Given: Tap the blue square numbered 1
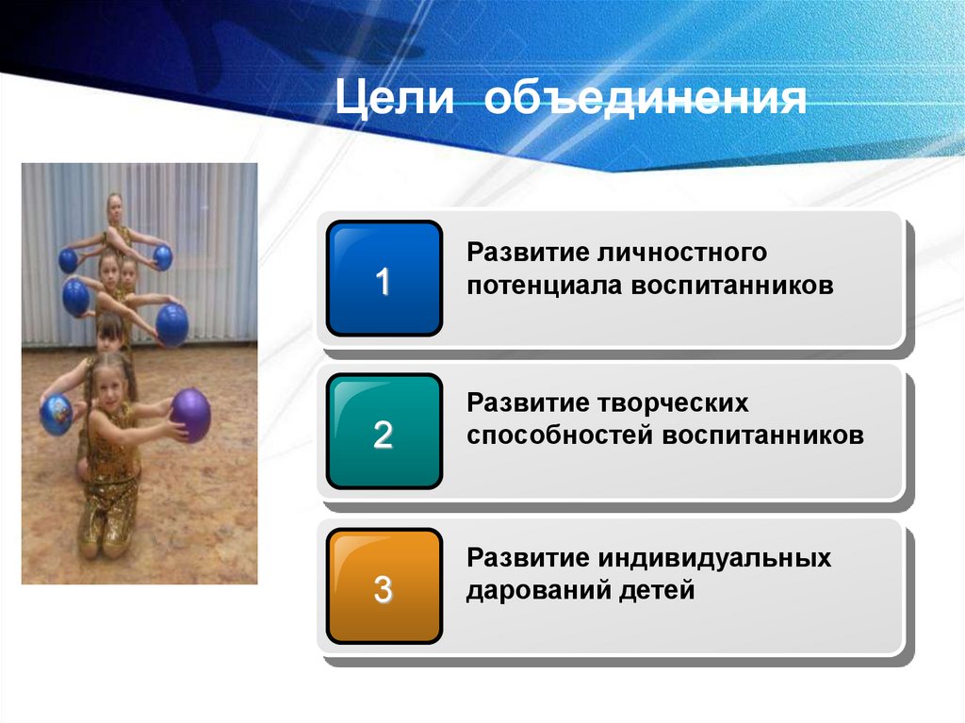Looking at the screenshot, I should pyautogui.click(x=384, y=278).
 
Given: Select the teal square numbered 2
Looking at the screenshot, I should pyautogui.click(x=384, y=432).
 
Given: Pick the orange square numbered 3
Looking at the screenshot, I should pyautogui.click(x=384, y=585).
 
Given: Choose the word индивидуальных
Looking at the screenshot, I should pyautogui.click(x=715, y=558).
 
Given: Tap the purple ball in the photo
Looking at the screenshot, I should pyautogui.click(x=191, y=415).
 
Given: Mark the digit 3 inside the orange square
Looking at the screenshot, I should pyautogui.click(x=383, y=588).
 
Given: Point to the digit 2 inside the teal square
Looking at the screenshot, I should pyautogui.click(x=383, y=435).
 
